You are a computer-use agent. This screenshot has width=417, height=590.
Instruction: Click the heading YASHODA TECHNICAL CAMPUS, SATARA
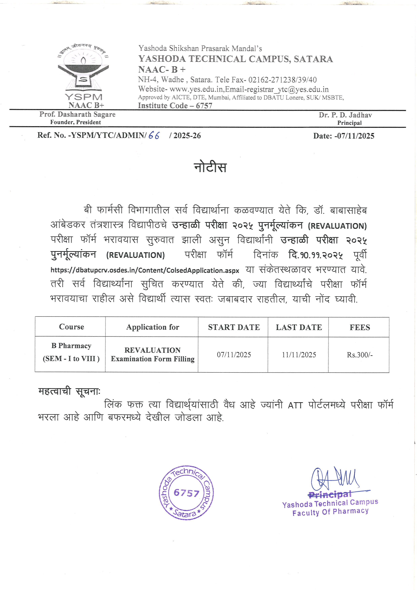point(235,59)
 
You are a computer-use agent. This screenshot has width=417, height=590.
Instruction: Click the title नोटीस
point(210,168)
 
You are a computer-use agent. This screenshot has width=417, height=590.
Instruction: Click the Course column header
point(71,327)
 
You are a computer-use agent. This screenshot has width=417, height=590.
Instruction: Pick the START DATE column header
point(234,327)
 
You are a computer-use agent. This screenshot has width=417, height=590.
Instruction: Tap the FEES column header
point(359,327)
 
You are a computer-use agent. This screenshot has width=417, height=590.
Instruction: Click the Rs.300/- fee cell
point(359,355)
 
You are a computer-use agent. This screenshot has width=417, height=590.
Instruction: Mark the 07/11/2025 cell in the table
point(234,355)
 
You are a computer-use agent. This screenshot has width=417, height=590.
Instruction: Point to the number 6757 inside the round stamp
point(186,493)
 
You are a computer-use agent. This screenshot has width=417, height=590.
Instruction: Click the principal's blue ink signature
point(334,478)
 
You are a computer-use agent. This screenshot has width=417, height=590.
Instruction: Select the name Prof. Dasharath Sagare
point(77,114)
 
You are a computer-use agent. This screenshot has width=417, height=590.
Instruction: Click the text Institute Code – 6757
point(175,106)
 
